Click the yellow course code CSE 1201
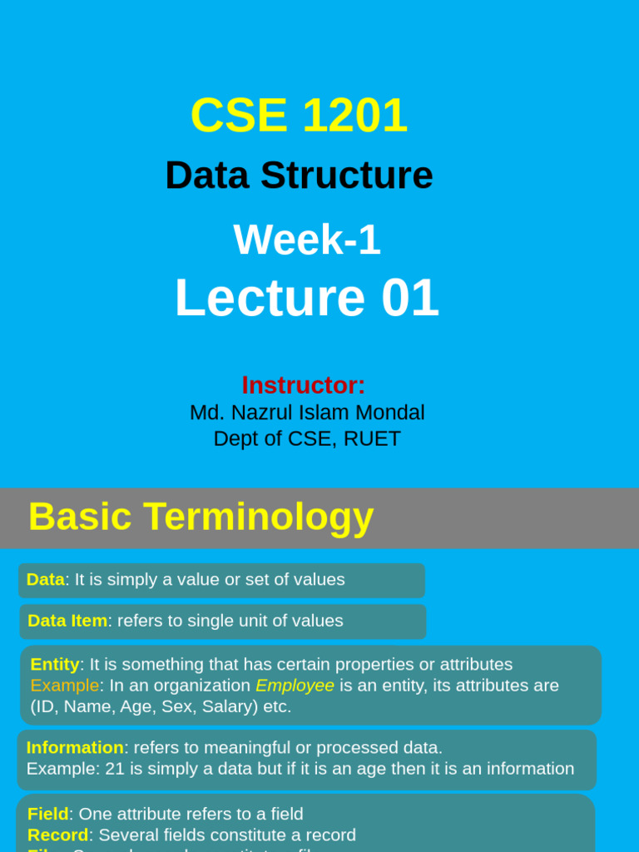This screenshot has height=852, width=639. (x=299, y=115)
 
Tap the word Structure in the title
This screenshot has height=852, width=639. (x=346, y=176)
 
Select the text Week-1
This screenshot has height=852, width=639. (x=307, y=240)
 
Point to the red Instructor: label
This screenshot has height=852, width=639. (x=304, y=385)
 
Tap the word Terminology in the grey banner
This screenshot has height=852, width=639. (x=258, y=517)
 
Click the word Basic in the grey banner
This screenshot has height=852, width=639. (x=80, y=517)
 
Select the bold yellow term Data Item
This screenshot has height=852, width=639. (x=67, y=621)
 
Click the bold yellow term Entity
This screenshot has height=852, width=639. (x=55, y=664)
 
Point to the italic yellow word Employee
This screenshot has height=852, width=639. (x=295, y=686)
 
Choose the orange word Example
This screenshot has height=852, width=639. (x=65, y=686)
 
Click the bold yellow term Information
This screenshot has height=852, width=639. (x=75, y=747)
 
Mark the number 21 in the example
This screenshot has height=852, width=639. (x=115, y=769)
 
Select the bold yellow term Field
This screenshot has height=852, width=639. (x=48, y=814)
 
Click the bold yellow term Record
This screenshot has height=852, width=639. (x=58, y=835)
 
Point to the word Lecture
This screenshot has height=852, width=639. (x=270, y=298)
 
